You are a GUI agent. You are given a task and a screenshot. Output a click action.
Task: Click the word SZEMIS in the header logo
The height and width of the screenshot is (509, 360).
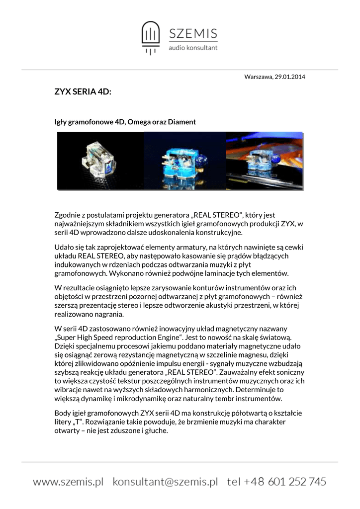(x=193, y=34)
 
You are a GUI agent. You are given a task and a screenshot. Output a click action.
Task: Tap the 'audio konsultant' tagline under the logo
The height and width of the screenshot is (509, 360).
(x=193, y=48)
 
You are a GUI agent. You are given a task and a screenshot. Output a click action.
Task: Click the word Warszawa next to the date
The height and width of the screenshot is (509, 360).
(x=259, y=77)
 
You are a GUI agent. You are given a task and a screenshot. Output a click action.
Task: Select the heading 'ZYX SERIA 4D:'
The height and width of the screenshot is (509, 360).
(x=83, y=92)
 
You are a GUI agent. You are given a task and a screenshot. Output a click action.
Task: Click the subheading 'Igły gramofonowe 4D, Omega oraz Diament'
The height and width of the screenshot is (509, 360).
(x=125, y=121)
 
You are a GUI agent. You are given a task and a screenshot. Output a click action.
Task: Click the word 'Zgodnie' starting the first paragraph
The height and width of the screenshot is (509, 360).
(x=68, y=215)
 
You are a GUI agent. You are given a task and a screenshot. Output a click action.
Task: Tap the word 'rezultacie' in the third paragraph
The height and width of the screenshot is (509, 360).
(x=81, y=288)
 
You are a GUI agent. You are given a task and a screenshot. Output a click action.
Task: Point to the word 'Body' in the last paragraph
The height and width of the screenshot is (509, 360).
(x=63, y=413)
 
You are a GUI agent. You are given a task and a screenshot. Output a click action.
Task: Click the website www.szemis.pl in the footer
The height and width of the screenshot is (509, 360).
(x=68, y=481)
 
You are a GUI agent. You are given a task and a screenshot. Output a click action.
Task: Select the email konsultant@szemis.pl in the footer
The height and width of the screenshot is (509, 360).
(x=166, y=481)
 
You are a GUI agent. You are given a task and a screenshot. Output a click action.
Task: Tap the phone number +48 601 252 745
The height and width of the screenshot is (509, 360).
(x=283, y=481)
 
